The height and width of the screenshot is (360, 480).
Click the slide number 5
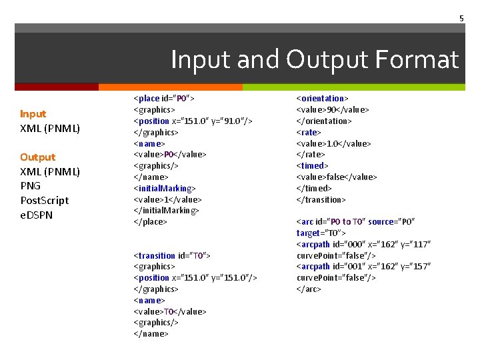461,19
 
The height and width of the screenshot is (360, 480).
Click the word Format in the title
417,60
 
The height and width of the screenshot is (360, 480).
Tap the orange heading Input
33,114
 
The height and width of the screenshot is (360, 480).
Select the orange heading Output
38,157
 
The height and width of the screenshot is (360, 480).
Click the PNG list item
31,186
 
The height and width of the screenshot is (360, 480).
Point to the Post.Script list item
45,201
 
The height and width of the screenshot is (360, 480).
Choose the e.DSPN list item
37,215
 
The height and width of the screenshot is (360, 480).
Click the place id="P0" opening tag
164,99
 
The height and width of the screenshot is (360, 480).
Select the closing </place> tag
151,221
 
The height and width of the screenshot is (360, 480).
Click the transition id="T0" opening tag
173,255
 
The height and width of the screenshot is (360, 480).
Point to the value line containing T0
171,311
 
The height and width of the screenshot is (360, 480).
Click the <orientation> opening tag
323,99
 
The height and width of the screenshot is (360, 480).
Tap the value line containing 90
333,109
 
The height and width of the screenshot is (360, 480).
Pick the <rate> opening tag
307,132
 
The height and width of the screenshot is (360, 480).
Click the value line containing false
337,177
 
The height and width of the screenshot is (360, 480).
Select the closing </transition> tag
321,199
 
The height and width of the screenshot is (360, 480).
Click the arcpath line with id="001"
363,267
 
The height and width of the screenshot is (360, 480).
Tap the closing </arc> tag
309,289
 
